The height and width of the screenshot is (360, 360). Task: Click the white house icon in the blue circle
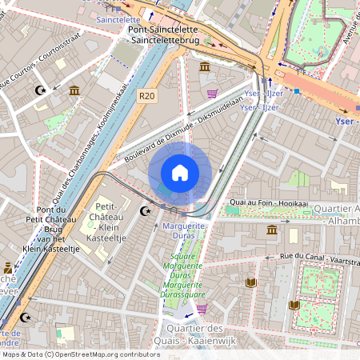(x=180, y=172)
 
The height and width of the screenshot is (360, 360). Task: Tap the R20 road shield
(x=146, y=95)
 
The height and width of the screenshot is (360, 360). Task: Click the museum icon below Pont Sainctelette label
(x=206, y=66)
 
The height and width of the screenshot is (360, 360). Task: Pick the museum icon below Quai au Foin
(x=272, y=230)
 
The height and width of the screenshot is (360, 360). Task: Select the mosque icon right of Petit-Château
(x=145, y=211)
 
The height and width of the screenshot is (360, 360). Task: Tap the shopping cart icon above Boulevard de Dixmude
(x=212, y=94)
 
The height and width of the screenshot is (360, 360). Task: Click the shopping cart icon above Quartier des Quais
(x=202, y=308)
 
